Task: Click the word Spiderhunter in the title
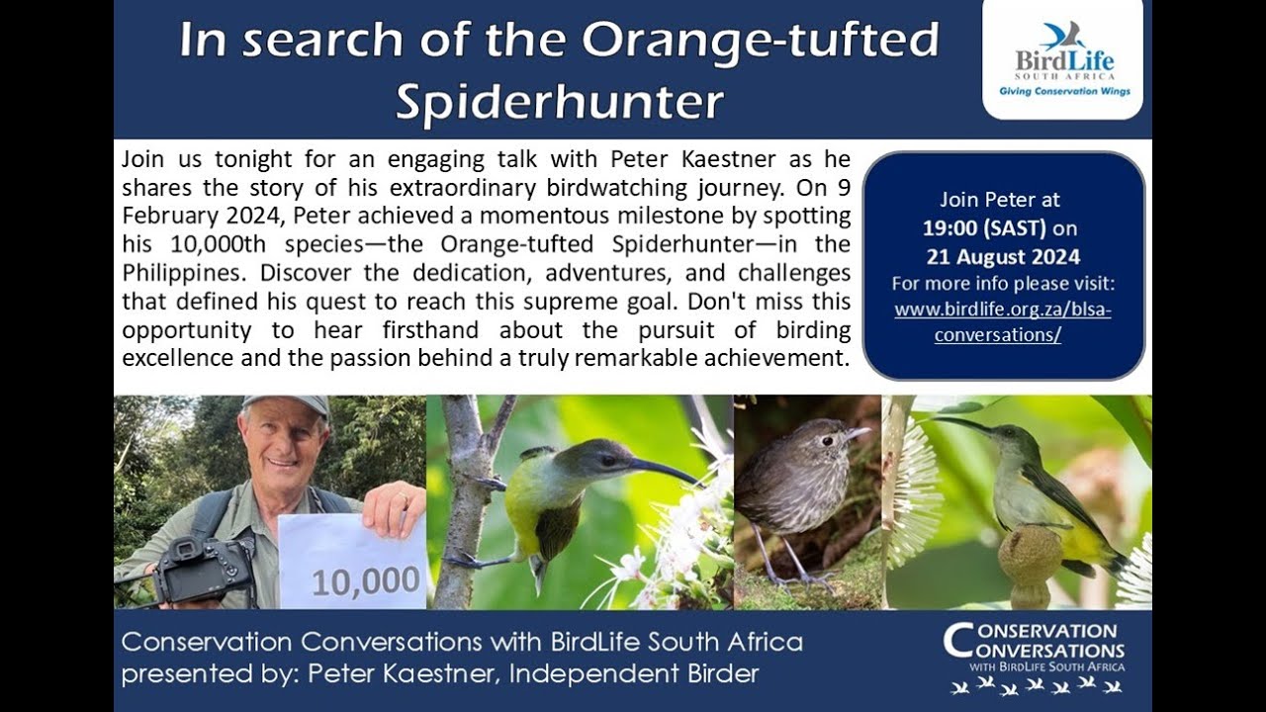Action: coord(560,101)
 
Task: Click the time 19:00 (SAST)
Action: coord(984,227)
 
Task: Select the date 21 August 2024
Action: coord(1003,257)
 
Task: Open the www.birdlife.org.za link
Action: coord(1003,309)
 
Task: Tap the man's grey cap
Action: coord(286,403)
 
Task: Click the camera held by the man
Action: coord(203,569)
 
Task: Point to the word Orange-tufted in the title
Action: coord(759,41)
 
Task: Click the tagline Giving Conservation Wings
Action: coord(1063,91)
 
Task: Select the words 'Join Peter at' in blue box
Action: coord(1000,200)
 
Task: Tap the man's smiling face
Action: coord(285,444)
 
